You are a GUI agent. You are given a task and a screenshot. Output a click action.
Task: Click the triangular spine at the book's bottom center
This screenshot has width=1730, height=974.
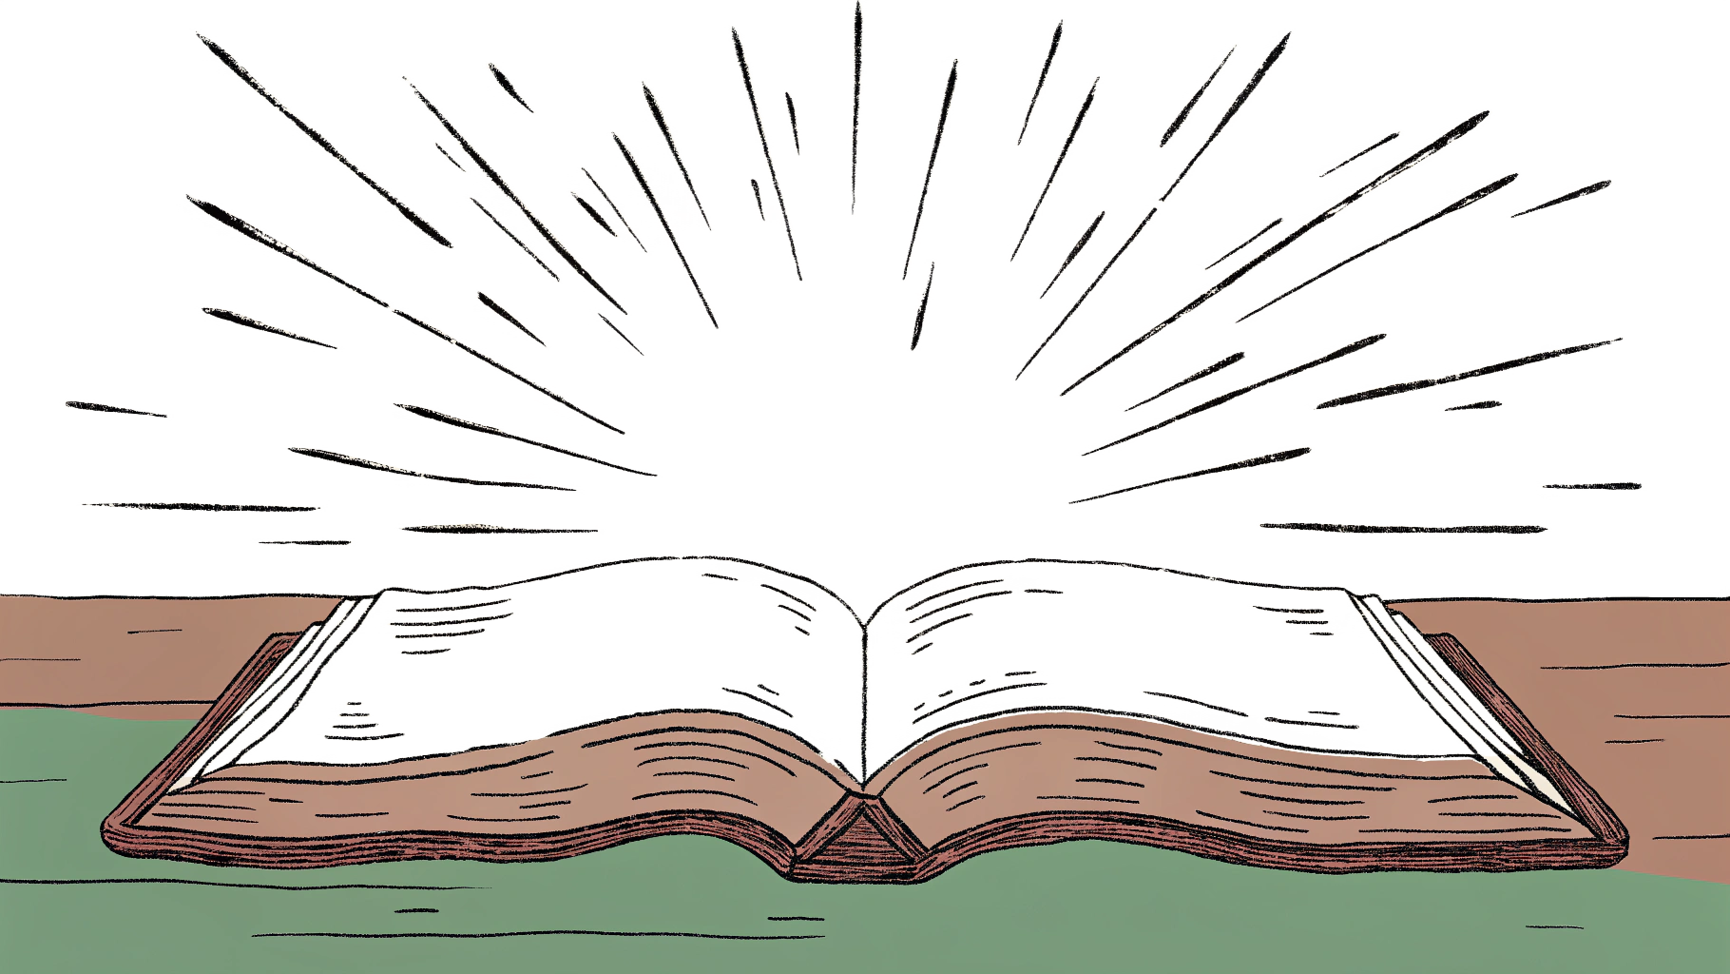click(x=860, y=837)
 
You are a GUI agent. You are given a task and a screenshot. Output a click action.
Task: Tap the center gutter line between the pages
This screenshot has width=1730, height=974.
click(x=864, y=694)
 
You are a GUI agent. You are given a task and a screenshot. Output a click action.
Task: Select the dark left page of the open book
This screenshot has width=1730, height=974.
click(x=608, y=656)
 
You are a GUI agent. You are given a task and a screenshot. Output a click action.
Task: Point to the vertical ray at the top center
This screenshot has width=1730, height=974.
click(x=856, y=105)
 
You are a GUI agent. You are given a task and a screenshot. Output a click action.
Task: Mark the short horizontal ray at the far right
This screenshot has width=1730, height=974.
click(x=1590, y=486)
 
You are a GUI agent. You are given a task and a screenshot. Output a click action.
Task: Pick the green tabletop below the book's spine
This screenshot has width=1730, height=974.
click(x=860, y=923)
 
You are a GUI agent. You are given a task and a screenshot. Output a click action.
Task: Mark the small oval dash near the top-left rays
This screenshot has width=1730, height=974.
click(x=510, y=88)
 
